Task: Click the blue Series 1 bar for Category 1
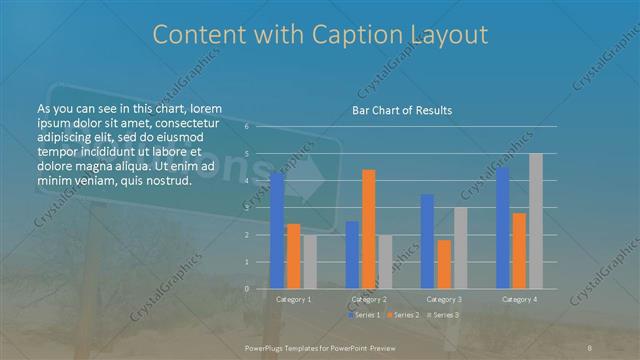[277, 231]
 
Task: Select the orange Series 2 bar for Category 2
[369, 229]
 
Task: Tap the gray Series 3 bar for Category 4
[536, 221]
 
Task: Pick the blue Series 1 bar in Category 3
[428, 241]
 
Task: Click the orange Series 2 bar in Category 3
[444, 264]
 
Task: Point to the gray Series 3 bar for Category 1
[310, 262]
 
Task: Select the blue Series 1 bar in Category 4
[503, 228]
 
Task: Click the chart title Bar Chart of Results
[401, 110]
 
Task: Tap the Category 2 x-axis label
[369, 299]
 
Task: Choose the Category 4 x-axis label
[519, 299]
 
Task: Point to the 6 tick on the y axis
[246, 127]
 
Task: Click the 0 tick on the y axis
[246, 288]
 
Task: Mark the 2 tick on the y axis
[246, 235]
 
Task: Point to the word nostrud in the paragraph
[165, 180]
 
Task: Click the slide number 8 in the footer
[591, 346]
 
